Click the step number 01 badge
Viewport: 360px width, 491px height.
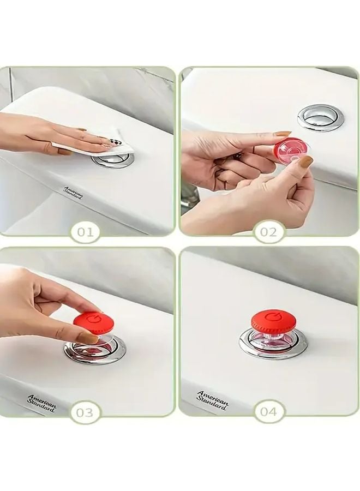coord(85,232)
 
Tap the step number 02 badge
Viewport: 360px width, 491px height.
coord(268,232)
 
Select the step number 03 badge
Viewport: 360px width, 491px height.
coord(85,412)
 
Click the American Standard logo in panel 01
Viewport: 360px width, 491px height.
coord(73,193)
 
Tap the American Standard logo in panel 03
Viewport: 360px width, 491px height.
coord(42,403)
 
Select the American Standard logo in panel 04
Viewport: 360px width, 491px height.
coord(212,399)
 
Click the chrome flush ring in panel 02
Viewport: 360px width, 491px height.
coord(320,117)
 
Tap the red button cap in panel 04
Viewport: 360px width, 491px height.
coord(273,320)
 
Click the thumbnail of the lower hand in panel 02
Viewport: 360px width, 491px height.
coord(305,161)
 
